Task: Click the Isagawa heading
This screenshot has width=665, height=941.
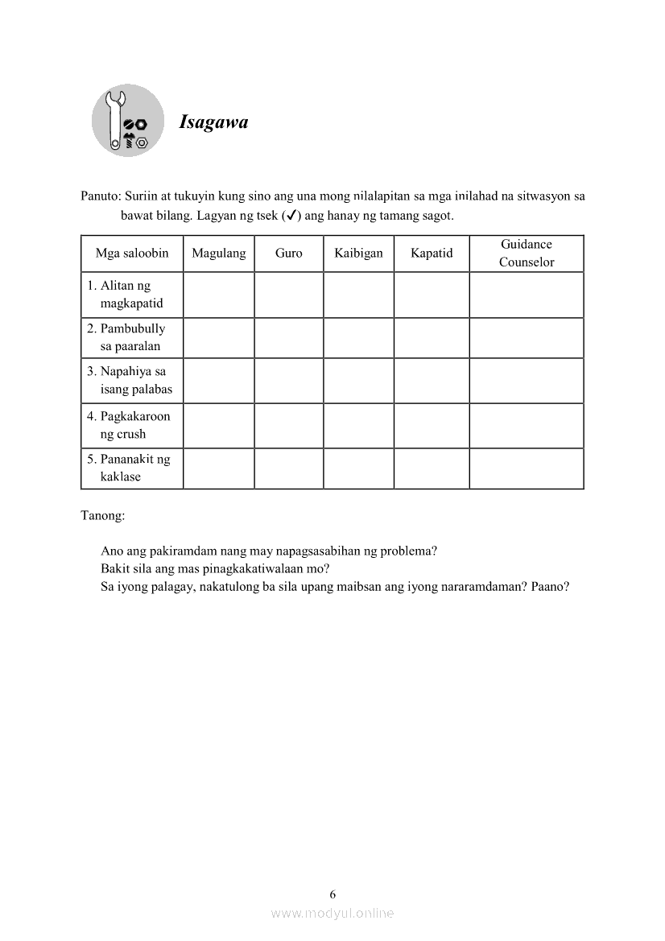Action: point(213,122)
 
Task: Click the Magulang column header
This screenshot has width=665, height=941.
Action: point(218,254)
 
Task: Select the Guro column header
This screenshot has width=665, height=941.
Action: point(289,254)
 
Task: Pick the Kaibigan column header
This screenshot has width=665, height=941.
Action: point(358,254)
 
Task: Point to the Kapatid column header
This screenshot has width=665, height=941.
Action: point(432,254)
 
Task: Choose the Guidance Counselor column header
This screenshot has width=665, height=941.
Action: point(527,254)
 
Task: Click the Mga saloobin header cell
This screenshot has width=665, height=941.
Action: point(132,254)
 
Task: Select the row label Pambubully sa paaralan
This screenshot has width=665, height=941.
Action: point(131,337)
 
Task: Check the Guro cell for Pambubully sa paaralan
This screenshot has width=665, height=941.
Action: point(289,337)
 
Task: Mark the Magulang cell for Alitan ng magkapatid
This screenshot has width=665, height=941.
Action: point(218,295)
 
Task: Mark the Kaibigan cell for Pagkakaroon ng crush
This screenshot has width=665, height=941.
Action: point(358,425)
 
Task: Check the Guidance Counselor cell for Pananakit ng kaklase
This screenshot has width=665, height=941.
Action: point(527,468)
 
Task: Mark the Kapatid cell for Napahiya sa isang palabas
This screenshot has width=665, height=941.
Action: point(432,380)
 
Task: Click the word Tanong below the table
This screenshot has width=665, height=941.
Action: point(103,515)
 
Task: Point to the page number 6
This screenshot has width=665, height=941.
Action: point(332,894)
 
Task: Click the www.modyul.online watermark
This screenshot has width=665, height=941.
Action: point(332,914)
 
